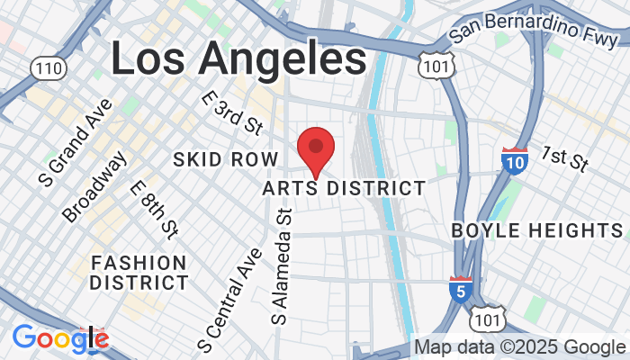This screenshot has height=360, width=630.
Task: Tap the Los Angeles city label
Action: point(238,58)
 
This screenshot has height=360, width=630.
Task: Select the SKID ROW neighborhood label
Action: point(220,159)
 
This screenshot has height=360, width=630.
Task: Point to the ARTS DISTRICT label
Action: point(344,188)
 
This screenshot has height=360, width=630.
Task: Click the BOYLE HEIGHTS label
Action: point(537,230)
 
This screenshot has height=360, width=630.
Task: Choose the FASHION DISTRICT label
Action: point(139,272)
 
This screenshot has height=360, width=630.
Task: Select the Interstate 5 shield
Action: point(460,290)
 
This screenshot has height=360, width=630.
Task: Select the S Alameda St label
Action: point(284,265)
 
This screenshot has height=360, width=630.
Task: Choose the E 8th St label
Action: point(155,211)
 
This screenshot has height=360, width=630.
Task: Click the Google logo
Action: point(60,338)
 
